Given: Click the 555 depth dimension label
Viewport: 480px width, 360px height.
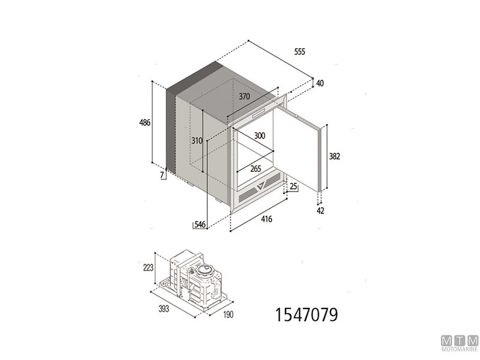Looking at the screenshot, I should click(300, 52).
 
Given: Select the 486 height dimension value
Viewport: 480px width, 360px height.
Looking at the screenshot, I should click(144, 122).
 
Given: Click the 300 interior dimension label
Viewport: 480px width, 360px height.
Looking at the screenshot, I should click(259, 136).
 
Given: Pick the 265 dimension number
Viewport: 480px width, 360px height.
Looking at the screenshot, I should click(256, 169).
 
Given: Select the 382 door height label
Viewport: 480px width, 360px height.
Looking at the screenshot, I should click(335, 157).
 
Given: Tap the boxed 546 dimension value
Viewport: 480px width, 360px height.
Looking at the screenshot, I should click(199, 224).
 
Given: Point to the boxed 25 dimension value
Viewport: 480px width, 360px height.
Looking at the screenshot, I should click(293, 187).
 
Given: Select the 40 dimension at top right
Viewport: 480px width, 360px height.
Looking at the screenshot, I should click(320, 83).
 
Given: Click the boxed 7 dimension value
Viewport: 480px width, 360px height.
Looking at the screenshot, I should click(163, 175).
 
